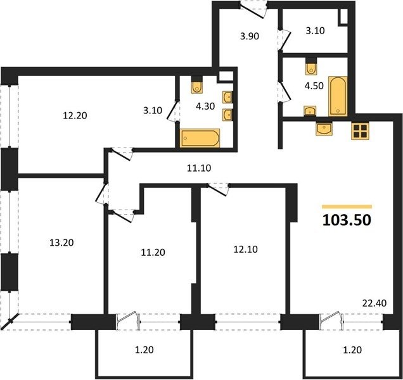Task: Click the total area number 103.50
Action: pos(347,220)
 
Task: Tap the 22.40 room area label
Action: pos(374,303)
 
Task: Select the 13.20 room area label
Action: pos(61,243)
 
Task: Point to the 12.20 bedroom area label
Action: pos(75,116)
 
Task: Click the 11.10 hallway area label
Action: pos(199,168)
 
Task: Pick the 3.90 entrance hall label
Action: pos(249,36)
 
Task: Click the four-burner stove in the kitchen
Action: pos(360,131)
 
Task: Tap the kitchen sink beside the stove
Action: pos(324,129)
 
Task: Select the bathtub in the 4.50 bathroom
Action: pos(338,96)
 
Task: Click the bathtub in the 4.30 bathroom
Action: pos(200,138)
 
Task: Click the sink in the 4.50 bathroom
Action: pos(310,111)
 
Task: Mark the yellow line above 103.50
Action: pos(347,206)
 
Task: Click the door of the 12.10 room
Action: pos(218,189)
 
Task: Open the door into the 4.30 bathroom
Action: pos(173,110)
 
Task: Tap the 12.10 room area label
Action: pos(245,250)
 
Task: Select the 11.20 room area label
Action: pos(153,252)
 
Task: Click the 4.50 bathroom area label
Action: pos(314,85)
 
